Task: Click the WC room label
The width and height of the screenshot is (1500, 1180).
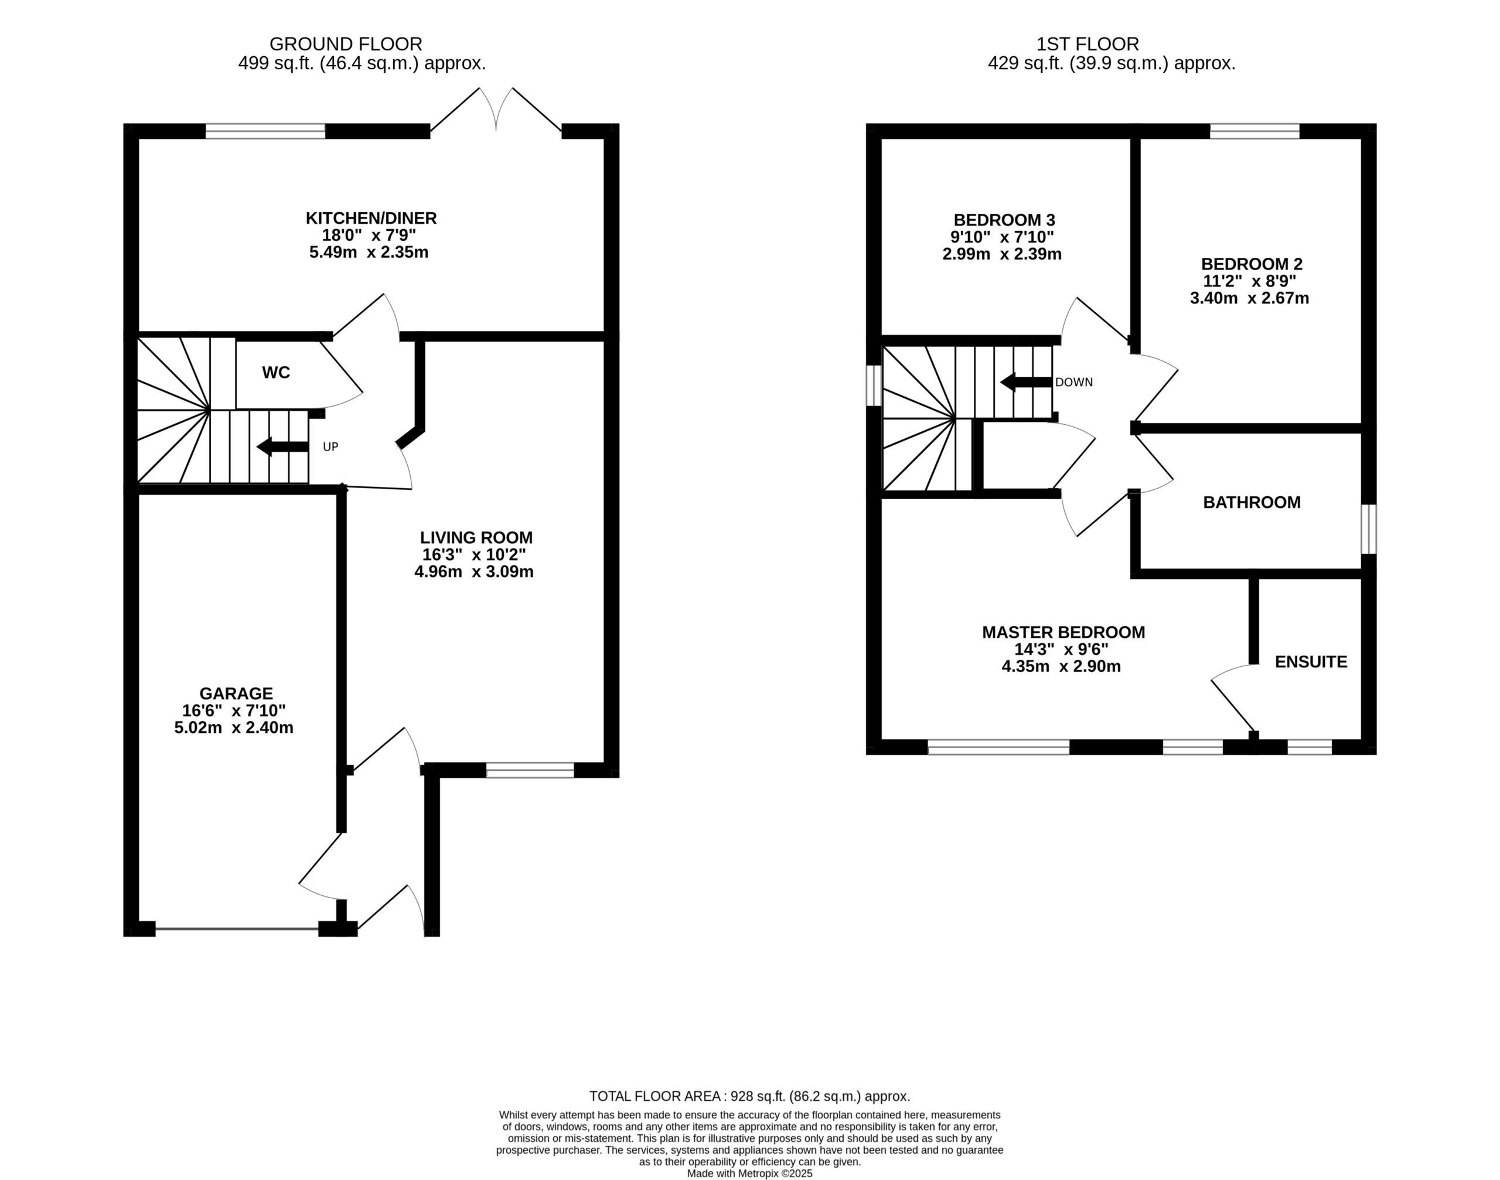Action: click(275, 373)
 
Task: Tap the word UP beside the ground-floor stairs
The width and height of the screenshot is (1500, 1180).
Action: click(331, 447)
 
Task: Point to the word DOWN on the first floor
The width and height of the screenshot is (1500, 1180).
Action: click(1073, 382)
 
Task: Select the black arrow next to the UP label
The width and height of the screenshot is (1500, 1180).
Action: click(282, 447)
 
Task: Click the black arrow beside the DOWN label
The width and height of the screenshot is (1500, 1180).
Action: click(1026, 382)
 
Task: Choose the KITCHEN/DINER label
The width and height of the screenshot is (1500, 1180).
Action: click(371, 219)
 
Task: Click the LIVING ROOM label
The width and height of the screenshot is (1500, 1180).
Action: click(476, 537)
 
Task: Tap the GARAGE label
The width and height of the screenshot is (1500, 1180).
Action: click(236, 694)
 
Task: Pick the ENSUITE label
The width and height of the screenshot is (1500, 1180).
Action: click(1311, 662)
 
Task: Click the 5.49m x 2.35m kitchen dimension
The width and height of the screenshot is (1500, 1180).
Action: click(369, 252)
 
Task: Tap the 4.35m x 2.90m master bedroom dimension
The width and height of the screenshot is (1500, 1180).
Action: click(1061, 667)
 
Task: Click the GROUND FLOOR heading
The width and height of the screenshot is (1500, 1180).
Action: click(346, 44)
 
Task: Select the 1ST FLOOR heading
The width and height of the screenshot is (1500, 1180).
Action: click(1087, 44)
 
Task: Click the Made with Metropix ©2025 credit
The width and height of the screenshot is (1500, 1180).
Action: click(749, 1173)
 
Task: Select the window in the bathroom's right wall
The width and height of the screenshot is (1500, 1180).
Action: click(1368, 529)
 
